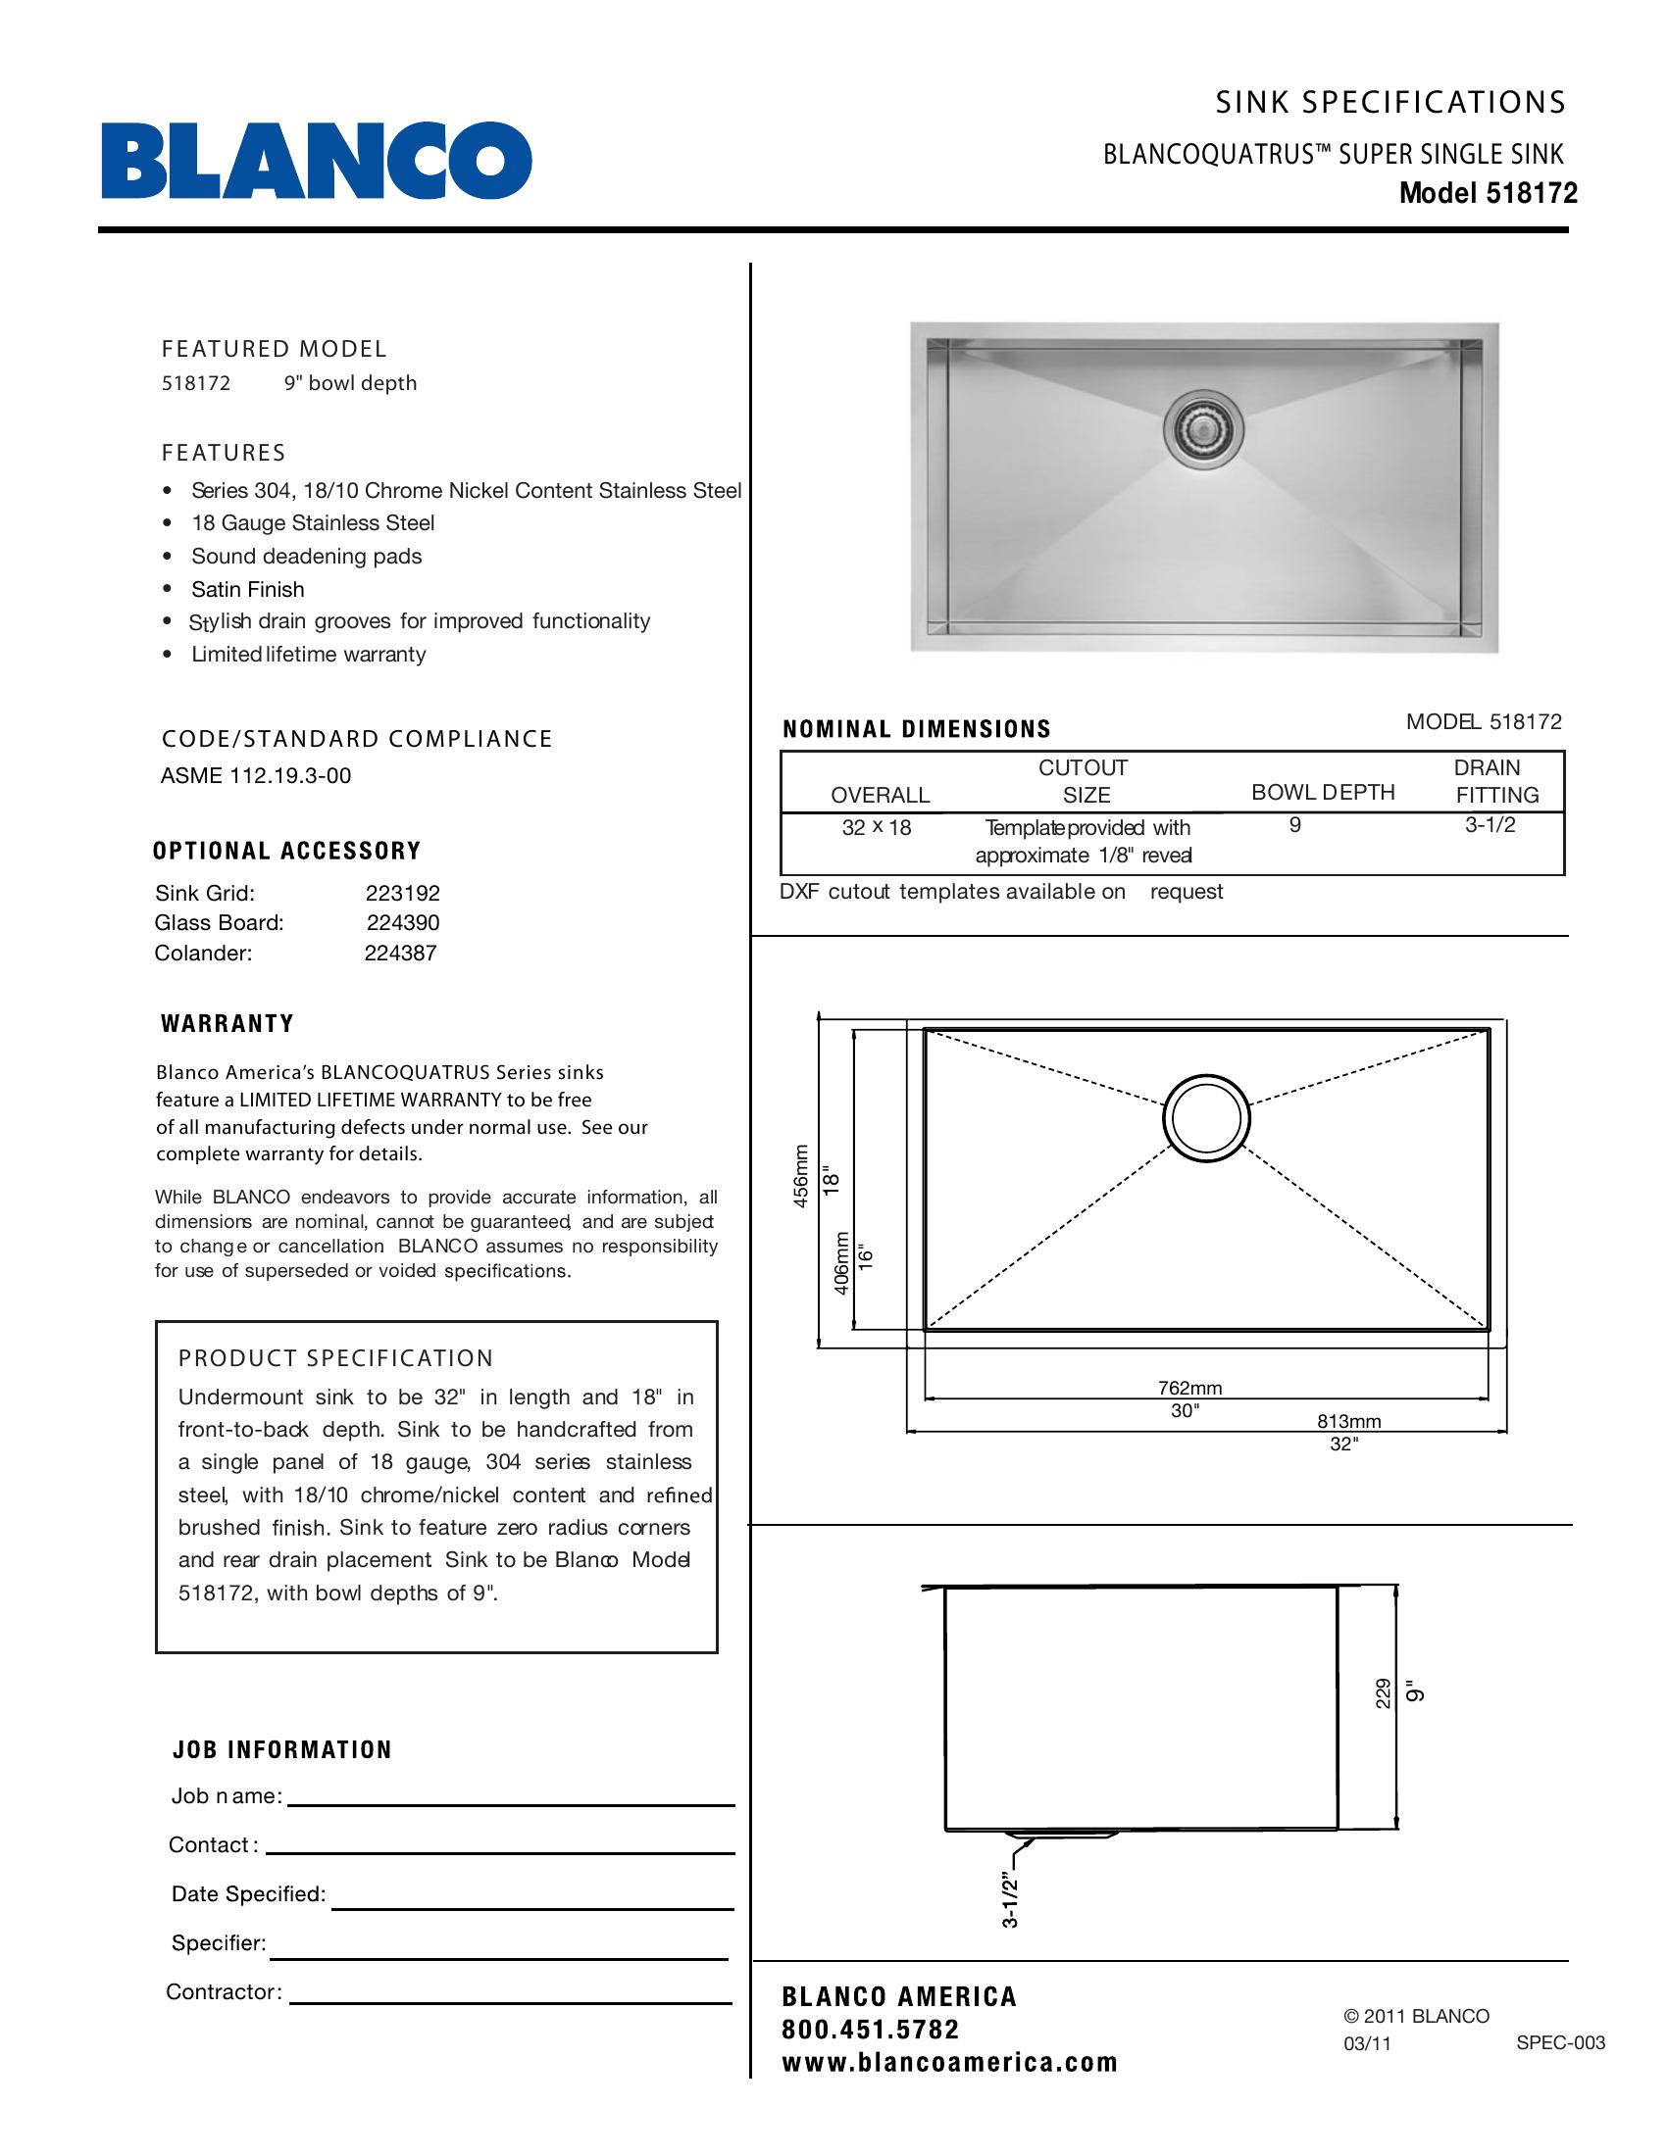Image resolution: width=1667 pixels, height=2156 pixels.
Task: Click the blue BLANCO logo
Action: pyautogui.click(x=316, y=160)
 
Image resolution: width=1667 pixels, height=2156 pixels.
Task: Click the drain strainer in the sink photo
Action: pyautogui.click(x=1202, y=428)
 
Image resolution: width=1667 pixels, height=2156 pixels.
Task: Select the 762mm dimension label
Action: pyautogui.click(x=1189, y=1388)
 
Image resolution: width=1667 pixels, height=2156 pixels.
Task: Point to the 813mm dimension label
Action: pyautogui.click(x=1348, y=1422)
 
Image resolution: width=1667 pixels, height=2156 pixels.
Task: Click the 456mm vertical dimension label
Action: pyautogui.click(x=801, y=1175)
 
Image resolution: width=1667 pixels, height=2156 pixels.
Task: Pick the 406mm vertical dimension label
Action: pyautogui.click(x=841, y=1262)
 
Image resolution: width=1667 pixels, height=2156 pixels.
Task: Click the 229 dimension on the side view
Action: pyautogui.click(x=1383, y=1694)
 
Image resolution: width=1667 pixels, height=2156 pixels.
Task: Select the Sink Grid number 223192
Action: pyautogui.click(x=402, y=894)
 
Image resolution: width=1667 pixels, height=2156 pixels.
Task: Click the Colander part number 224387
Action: pyautogui.click(x=400, y=953)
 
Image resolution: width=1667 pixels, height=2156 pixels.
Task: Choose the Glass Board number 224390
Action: pyautogui.click(x=403, y=923)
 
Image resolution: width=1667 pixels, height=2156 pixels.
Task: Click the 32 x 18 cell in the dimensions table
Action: pyautogui.click(x=876, y=827)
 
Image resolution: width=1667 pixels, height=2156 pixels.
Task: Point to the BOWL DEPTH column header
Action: pyautogui.click(x=1323, y=792)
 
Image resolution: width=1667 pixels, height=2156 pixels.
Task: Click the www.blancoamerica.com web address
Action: pyautogui.click(x=949, y=2062)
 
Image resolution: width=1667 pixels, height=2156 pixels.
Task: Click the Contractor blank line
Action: pyautogui.click(x=511, y=2003)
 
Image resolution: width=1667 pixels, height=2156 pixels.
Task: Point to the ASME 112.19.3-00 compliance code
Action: pyautogui.click(x=256, y=776)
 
